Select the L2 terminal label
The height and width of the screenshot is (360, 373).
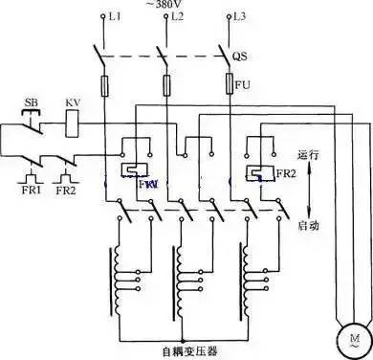(x=176, y=18)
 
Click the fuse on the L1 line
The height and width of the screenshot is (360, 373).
(x=105, y=86)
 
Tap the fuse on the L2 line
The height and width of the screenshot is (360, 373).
(x=165, y=86)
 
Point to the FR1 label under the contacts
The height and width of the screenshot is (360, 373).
(x=30, y=190)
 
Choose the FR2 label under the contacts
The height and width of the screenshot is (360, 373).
(x=65, y=190)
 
